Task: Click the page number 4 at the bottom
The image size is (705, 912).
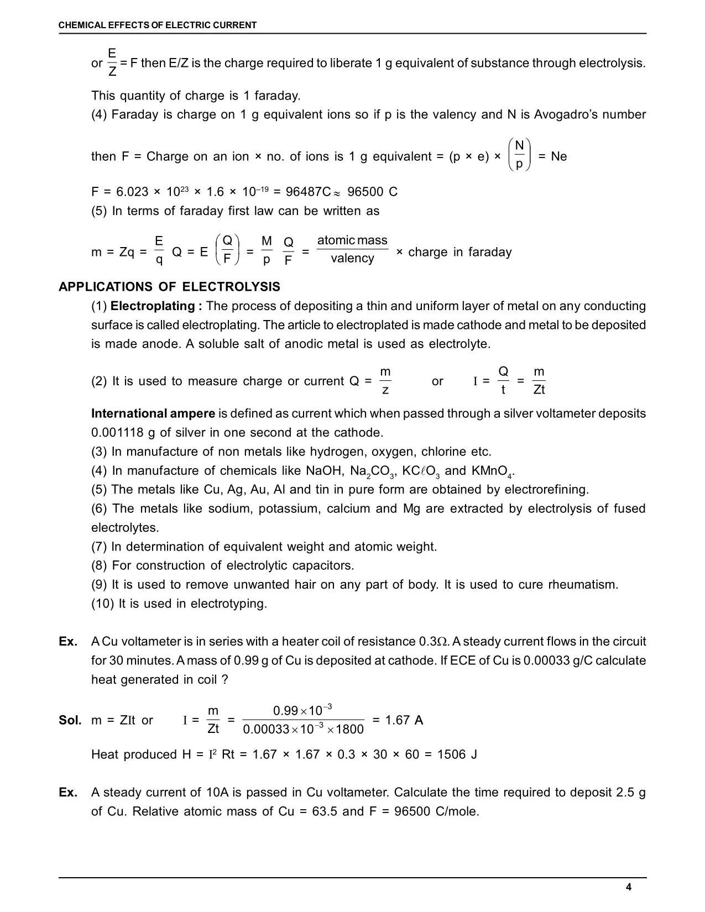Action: [x=629, y=888]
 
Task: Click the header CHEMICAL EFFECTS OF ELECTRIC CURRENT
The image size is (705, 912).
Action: [x=158, y=25]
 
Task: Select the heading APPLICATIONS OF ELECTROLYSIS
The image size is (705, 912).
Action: [x=169, y=287]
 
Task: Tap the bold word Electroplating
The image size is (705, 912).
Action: [x=153, y=306]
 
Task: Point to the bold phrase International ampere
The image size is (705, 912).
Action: [x=153, y=413]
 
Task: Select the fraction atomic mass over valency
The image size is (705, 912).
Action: [x=352, y=250]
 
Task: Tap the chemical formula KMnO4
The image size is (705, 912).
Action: [x=493, y=471]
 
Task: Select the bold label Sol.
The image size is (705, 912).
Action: [x=70, y=720]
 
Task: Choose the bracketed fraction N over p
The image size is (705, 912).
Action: [x=519, y=155]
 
